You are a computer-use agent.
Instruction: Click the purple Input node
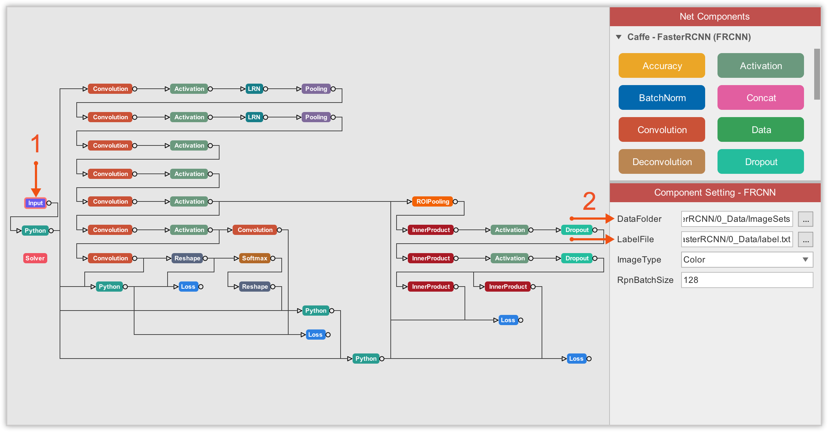(x=35, y=203)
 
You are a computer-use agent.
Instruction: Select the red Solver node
(x=35, y=258)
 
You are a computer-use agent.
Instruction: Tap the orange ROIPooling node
(x=433, y=201)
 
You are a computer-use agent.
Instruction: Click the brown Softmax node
(x=254, y=258)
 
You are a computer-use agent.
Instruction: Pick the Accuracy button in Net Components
(x=662, y=66)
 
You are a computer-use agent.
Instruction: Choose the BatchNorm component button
(x=662, y=98)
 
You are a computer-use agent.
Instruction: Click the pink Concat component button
(x=760, y=98)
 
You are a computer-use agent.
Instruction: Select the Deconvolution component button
(x=662, y=162)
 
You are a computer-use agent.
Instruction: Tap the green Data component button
(x=760, y=130)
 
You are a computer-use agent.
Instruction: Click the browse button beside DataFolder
(x=805, y=219)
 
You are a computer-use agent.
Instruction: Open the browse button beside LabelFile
(x=805, y=240)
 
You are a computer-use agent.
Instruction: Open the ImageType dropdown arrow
(x=805, y=260)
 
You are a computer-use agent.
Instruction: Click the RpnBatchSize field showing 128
(x=747, y=280)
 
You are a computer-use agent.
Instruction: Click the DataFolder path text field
(x=736, y=219)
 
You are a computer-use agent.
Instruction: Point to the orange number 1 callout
(x=35, y=144)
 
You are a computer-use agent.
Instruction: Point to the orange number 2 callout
(x=589, y=201)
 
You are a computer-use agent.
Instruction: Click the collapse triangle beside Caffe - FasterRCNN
(x=619, y=37)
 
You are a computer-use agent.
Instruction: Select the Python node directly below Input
(x=35, y=231)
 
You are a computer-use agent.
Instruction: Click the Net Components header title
(x=714, y=16)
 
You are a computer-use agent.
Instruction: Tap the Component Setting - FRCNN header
(x=715, y=192)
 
